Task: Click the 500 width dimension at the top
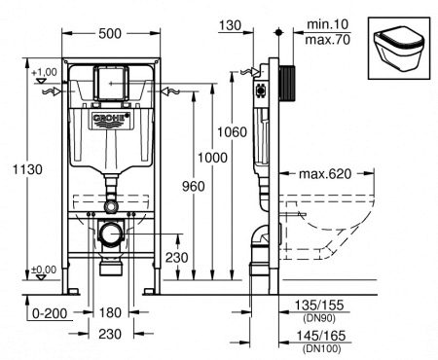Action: click(x=110, y=33)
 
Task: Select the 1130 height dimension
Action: click(x=27, y=169)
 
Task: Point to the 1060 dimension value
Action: click(x=232, y=132)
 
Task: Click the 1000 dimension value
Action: click(x=212, y=158)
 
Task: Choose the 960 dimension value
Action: click(x=194, y=187)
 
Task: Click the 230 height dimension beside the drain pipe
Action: click(x=177, y=258)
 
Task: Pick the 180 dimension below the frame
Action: click(x=110, y=313)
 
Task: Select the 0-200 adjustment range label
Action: click(x=50, y=313)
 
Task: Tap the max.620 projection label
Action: click(x=325, y=174)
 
